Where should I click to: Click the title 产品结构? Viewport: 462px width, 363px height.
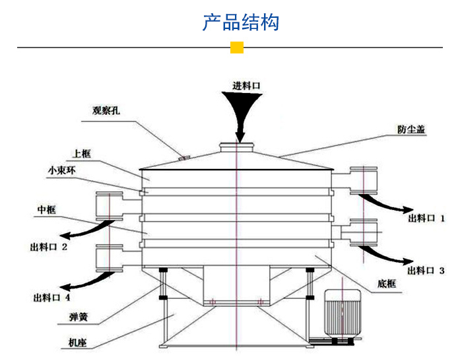point(240,22)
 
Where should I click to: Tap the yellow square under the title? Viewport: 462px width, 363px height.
point(236,48)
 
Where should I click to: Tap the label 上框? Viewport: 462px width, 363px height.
point(82,154)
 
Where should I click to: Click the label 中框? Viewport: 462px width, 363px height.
point(46,210)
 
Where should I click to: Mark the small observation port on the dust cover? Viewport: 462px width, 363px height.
point(185,157)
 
